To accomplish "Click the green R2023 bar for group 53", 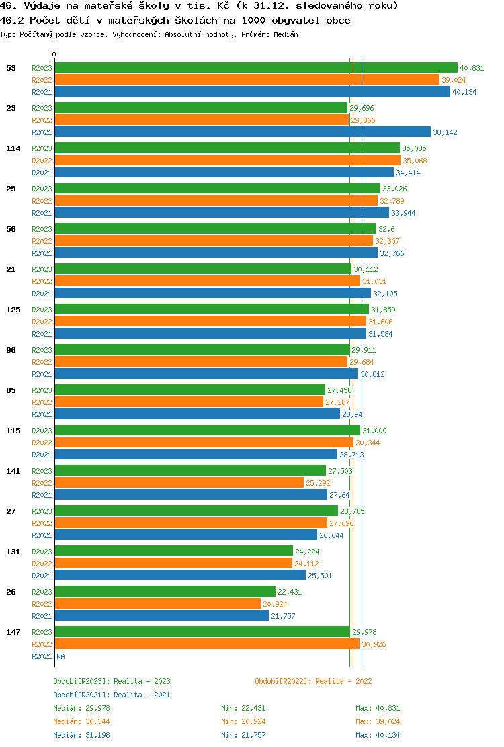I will point(255,67).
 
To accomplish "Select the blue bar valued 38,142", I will point(242,132).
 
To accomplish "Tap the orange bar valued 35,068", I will point(227,160).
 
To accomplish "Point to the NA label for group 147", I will point(60,656).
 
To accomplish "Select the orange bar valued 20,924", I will point(157,603).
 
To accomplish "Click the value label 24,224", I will point(307,552).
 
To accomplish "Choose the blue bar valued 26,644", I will point(185,535).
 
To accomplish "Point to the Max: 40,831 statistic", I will point(378,708).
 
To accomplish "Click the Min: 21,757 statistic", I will point(243,735).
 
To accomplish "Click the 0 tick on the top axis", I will point(54,55).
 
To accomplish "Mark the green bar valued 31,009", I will point(207,430).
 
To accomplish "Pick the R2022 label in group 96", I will point(42,362).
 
